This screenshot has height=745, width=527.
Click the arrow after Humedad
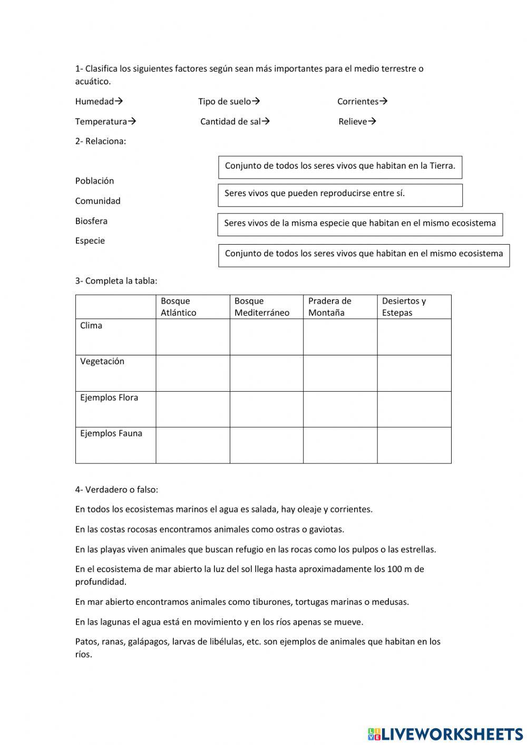(119, 101)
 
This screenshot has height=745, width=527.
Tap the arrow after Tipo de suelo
(256, 101)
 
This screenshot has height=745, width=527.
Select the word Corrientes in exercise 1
(358, 101)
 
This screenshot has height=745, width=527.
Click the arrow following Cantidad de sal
(266, 121)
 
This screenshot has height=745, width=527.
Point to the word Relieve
(353, 121)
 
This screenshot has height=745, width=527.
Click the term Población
(94, 181)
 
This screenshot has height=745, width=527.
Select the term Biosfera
(91, 221)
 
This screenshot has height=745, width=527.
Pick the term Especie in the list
(90, 241)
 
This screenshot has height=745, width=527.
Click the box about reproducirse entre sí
(340, 195)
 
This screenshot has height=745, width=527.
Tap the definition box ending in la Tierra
(340, 167)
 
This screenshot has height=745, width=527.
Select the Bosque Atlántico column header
(193, 307)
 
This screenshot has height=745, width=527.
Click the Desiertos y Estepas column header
(414, 307)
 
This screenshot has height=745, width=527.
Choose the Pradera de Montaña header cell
(340, 307)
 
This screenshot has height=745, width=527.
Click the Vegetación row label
(102, 362)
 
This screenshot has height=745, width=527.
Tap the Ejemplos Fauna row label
(111, 433)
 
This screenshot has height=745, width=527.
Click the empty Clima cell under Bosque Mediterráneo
(267, 337)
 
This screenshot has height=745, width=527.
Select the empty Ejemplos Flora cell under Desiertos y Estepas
(414, 409)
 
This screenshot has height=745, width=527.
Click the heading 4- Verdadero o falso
(116, 489)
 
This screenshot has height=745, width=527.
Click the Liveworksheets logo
(445, 734)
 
